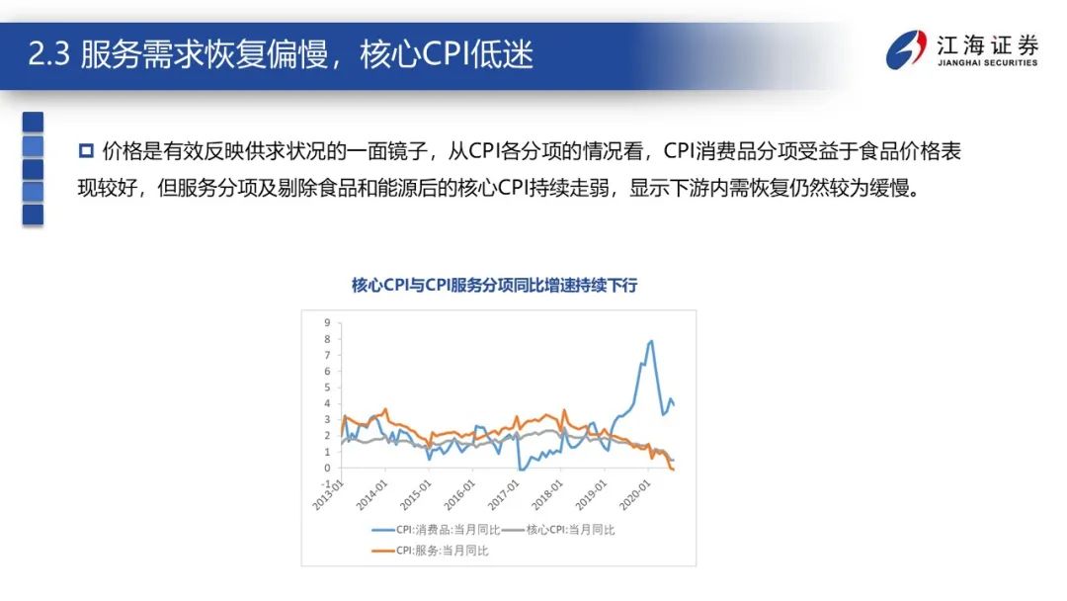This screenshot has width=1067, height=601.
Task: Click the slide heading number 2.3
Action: (x=47, y=53)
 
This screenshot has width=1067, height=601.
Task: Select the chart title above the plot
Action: (x=495, y=286)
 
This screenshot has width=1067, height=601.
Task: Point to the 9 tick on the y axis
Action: (x=327, y=322)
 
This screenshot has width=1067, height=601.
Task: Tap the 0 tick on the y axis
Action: (x=327, y=468)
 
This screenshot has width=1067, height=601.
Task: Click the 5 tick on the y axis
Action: (x=327, y=386)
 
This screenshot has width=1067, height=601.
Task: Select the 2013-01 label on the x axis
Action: (x=328, y=492)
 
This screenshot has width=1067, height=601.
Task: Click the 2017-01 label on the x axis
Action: (x=507, y=492)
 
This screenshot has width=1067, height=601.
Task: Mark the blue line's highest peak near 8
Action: (x=651, y=341)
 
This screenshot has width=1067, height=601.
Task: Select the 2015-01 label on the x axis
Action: (x=417, y=492)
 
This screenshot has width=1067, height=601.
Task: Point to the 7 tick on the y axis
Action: (x=327, y=355)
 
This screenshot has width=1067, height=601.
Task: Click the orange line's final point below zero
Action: (x=673, y=470)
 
